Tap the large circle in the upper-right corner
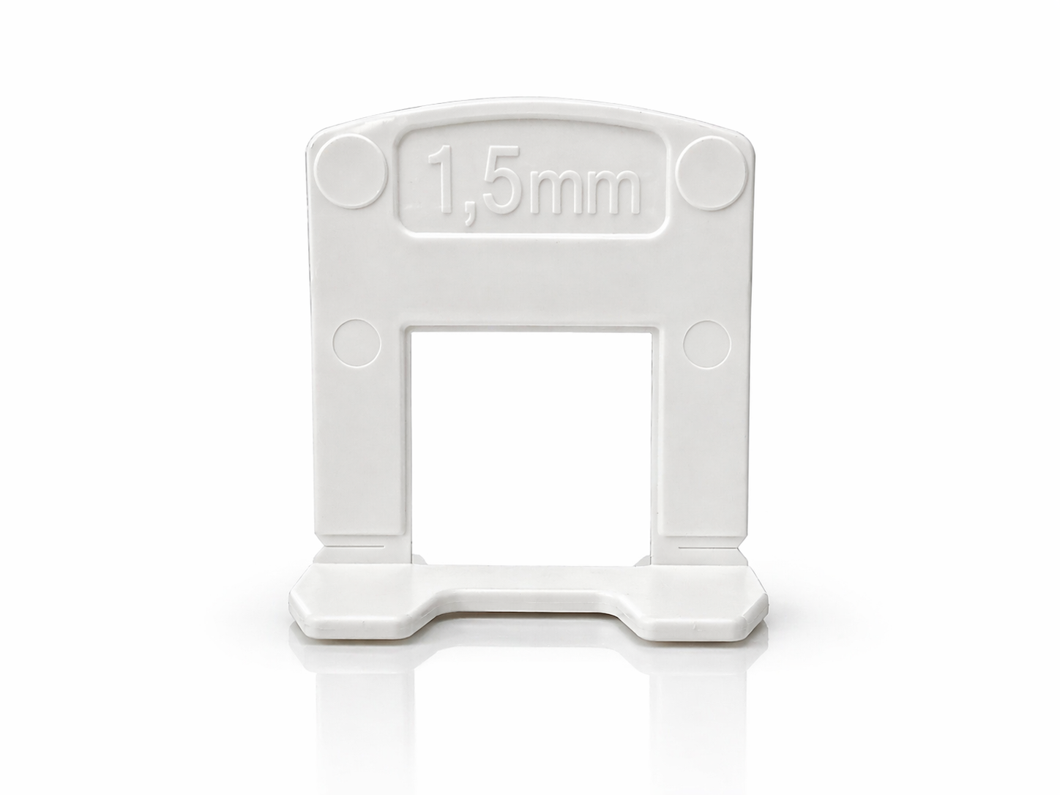712,172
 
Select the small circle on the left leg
357,343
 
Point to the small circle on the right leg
706,343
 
